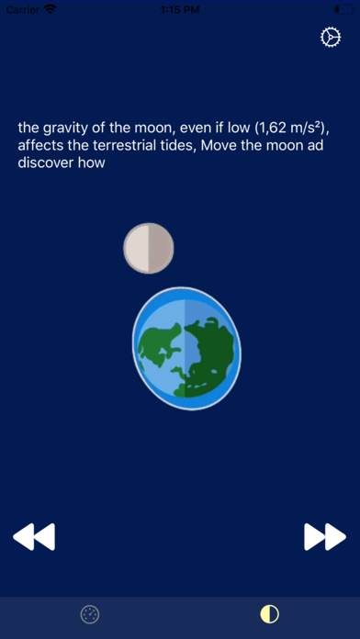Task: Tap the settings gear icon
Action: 330,38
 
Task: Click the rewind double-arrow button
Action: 34,536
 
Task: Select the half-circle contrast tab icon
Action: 269,614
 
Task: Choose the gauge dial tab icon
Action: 90,614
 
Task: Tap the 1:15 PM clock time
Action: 180,8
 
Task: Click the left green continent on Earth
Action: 160,347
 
